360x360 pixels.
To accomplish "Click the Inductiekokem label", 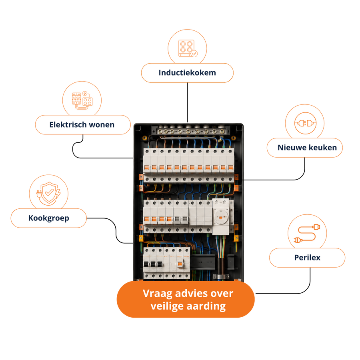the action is (187, 73).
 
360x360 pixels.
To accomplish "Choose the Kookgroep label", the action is (49, 218).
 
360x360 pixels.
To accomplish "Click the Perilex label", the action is (307, 258).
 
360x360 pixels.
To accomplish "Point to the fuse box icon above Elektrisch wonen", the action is (82, 100).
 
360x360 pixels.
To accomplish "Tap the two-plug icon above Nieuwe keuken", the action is (305, 123).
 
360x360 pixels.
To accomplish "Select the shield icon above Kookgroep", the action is (49, 193).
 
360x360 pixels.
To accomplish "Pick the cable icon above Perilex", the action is (307, 234).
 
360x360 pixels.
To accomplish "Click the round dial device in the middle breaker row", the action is (221, 217).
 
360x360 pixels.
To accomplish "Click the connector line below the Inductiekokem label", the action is (187, 102).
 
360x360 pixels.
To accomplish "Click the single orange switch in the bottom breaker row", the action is (180, 264).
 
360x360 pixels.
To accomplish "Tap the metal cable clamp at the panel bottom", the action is (221, 276).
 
